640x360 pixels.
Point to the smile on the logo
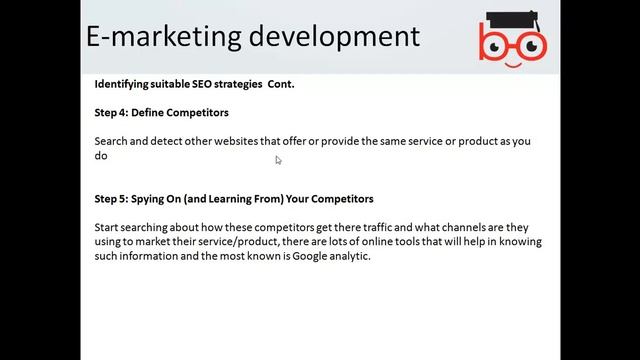[512, 61]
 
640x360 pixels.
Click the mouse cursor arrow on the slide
[279, 160]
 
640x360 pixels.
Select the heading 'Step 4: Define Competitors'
[161, 113]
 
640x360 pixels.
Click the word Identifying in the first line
[124, 84]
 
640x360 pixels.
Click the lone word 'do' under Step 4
[100, 156]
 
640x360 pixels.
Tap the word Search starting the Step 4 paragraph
[112, 141]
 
